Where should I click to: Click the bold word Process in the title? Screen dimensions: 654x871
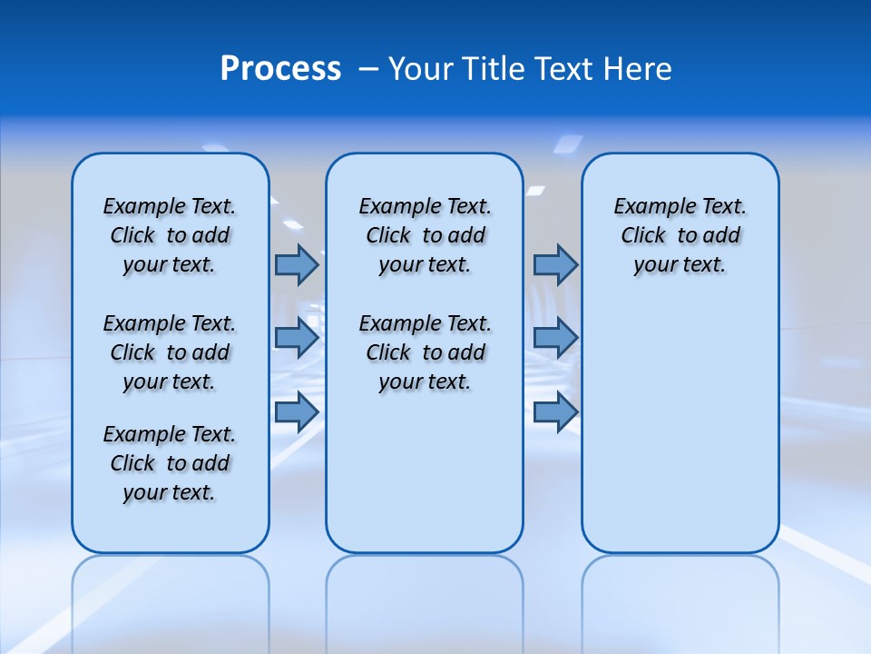click(x=280, y=69)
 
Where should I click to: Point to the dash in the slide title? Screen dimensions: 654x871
click(x=367, y=70)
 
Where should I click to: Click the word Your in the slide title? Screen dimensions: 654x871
click(x=421, y=69)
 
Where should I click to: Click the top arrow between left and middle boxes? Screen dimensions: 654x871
click(x=297, y=264)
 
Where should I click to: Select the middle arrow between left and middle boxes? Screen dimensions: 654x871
click(x=297, y=338)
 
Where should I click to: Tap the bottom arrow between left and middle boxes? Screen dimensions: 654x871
click(x=297, y=412)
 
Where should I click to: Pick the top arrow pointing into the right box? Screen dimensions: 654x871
click(x=555, y=264)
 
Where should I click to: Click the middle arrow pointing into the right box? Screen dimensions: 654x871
click(x=555, y=338)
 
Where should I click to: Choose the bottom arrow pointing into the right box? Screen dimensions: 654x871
click(x=555, y=412)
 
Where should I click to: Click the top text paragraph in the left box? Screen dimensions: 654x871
click(x=170, y=235)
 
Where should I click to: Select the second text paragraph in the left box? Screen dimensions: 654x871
click(x=170, y=352)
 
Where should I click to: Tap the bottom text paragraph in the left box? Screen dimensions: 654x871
click(x=170, y=463)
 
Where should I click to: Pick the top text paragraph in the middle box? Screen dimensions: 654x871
click(x=425, y=235)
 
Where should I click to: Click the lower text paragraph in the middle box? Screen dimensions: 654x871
click(x=425, y=352)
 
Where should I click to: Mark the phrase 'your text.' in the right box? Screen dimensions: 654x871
click(x=680, y=264)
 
